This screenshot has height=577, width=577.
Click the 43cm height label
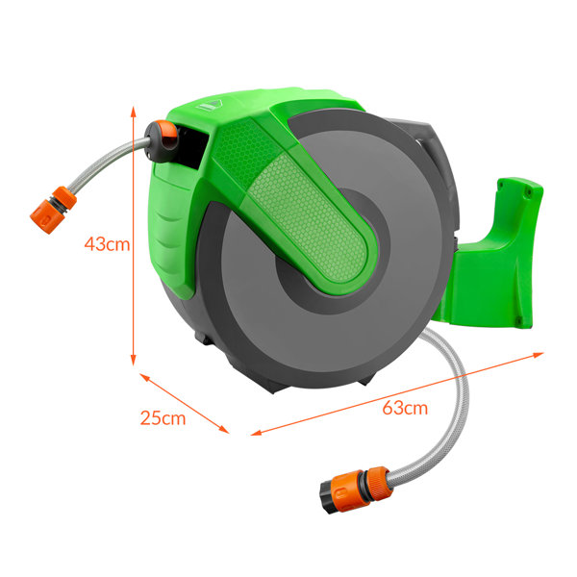pyautogui.click(x=107, y=244)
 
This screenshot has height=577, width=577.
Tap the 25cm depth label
pyautogui.click(x=163, y=418)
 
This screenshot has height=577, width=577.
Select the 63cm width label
pyautogui.click(x=405, y=408)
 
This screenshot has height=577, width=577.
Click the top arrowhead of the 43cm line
pyautogui.click(x=134, y=112)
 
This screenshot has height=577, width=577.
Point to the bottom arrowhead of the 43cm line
pyautogui.click(x=134, y=361)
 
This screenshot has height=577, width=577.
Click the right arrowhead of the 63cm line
pyautogui.click(x=539, y=354)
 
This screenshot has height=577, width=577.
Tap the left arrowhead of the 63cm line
pyautogui.click(x=256, y=433)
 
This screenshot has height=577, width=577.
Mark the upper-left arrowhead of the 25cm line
pyautogui.click(x=144, y=377)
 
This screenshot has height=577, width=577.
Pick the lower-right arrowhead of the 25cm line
pyautogui.click(x=224, y=429)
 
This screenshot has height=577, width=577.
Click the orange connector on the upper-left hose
pyautogui.click(x=53, y=210)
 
